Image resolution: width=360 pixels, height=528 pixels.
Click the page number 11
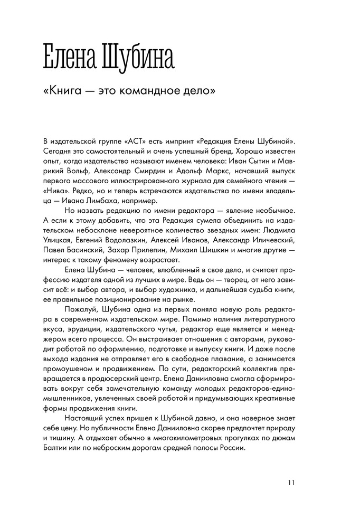292,482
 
